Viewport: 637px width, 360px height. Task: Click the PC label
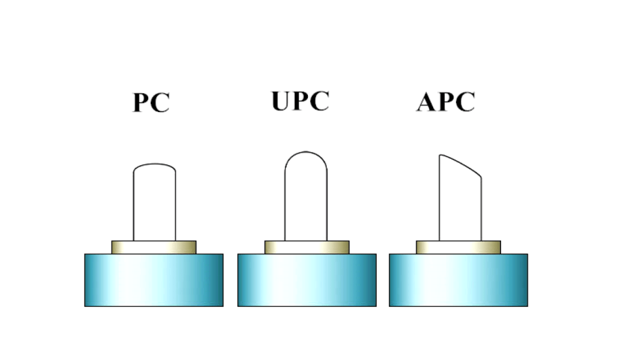(151, 103)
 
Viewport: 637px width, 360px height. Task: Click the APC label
(445, 102)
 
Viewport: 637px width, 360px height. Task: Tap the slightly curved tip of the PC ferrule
(154, 165)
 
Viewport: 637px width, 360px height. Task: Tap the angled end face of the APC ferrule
(461, 166)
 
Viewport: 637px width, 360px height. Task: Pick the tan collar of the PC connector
(154, 247)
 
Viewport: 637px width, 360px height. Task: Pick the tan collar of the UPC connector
(307, 247)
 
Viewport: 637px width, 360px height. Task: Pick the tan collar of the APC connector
(458, 247)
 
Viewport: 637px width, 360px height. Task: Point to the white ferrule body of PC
(154, 207)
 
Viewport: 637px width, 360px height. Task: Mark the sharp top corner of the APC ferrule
(440, 155)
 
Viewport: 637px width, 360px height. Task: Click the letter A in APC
(427, 102)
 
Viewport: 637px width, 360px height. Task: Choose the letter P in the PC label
(141, 103)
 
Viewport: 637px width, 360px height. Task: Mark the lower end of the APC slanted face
(481, 177)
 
